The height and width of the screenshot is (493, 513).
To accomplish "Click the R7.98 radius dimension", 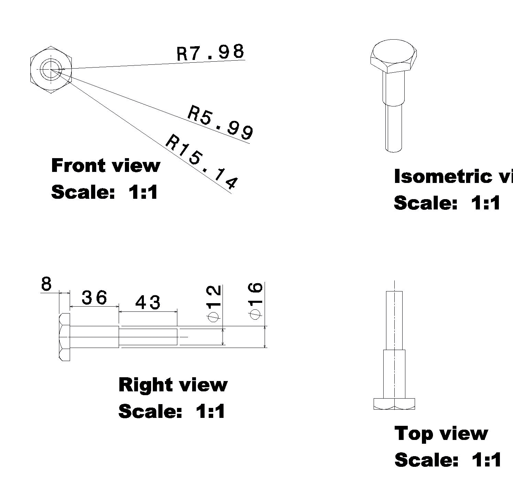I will pyautogui.click(x=210, y=53).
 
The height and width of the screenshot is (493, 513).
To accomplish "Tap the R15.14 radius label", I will pyautogui.click(x=202, y=162).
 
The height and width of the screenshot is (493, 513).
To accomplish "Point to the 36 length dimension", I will pyautogui.click(x=95, y=298).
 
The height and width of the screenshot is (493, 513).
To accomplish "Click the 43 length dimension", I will pyautogui.click(x=148, y=303).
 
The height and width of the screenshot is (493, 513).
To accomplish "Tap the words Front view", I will pyautogui.click(x=106, y=166).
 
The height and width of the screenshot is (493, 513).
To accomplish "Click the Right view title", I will pyautogui.click(x=173, y=385).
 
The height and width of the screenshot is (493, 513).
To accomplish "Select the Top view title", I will pyautogui.click(x=441, y=433).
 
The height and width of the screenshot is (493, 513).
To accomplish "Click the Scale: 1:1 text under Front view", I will pyautogui.click(x=105, y=192).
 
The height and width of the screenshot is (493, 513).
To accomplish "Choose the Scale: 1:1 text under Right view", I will pyautogui.click(x=172, y=411).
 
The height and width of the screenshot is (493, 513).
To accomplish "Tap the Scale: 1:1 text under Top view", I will pyautogui.click(x=447, y=460).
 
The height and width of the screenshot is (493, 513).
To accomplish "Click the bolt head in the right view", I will pyautogui.click(x=65, y=337).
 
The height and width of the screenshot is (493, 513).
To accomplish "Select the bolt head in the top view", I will pyautogui.click(x=394, y=404).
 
